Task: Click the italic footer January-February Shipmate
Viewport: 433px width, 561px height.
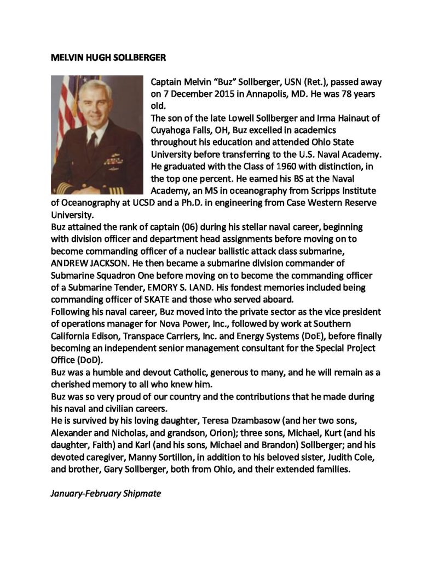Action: [x=106, y=493]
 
